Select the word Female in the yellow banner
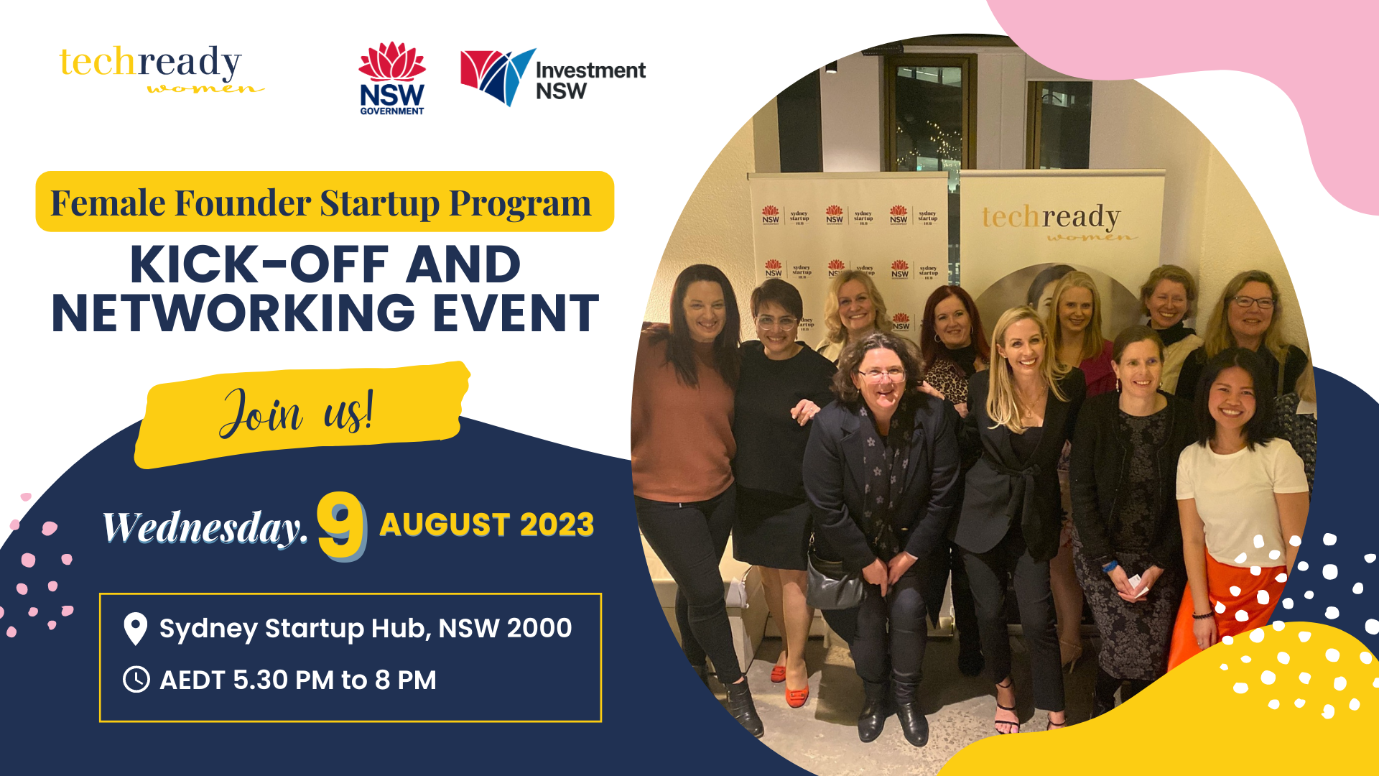pos(108,203)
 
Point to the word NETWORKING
pos(233,314)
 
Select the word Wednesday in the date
pos(204,528)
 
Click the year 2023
pos(557,525)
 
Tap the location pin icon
pos(135,629)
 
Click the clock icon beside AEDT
pos(136,679)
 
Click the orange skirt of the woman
pos(1221,604)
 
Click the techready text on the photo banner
pos(1050,217)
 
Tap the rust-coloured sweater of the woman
pos(682,424)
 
